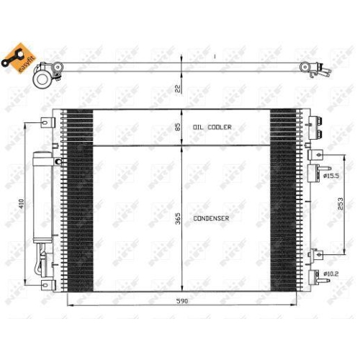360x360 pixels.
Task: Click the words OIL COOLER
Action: [212, 127]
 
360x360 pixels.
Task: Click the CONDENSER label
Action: [211, 217]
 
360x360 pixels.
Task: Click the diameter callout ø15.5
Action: [332, 175]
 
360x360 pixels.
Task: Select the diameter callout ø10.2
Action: [332, 274]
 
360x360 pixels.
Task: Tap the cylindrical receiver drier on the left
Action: [40, 198]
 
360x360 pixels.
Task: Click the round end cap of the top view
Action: [45, 76]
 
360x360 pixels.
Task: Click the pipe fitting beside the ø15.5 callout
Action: [315, 173]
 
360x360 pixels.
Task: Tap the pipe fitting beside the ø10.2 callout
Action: [315, 275]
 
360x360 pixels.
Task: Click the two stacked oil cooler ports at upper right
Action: [315, 128]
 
